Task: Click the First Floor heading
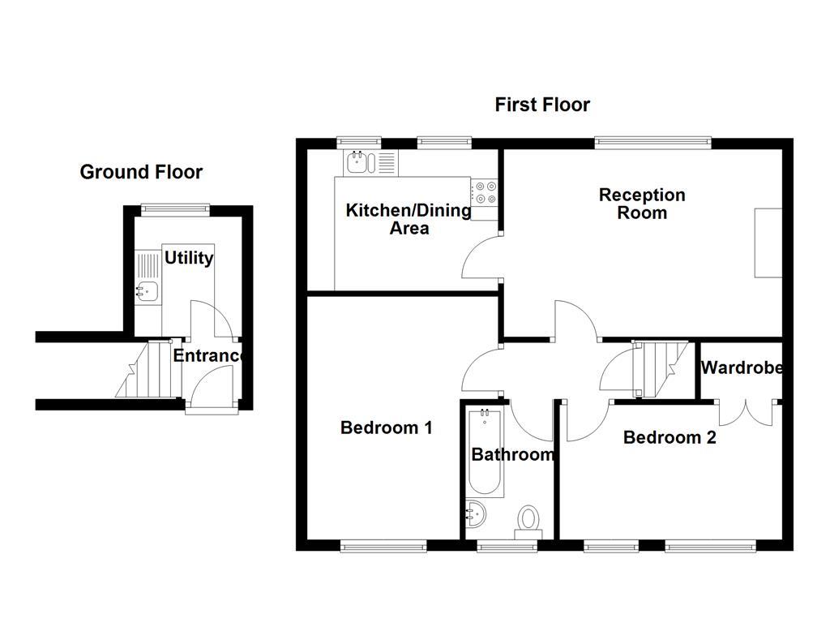coord(542,105)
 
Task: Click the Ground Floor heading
coord(141,172)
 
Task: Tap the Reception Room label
coord(642,204)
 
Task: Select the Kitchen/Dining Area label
coord(409,219)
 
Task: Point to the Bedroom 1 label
coord(386,428)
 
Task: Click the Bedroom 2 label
coord(670,438)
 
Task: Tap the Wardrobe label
coord(742,367)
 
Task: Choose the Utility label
coord(189,258)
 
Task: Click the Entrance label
coord(208,355)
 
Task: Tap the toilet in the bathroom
coord(529,519)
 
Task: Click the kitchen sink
coord(357,162)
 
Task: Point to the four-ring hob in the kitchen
coord(486,192)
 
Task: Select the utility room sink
coord(147,290)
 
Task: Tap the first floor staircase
coord(658,368)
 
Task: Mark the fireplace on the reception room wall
coord(768,243)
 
